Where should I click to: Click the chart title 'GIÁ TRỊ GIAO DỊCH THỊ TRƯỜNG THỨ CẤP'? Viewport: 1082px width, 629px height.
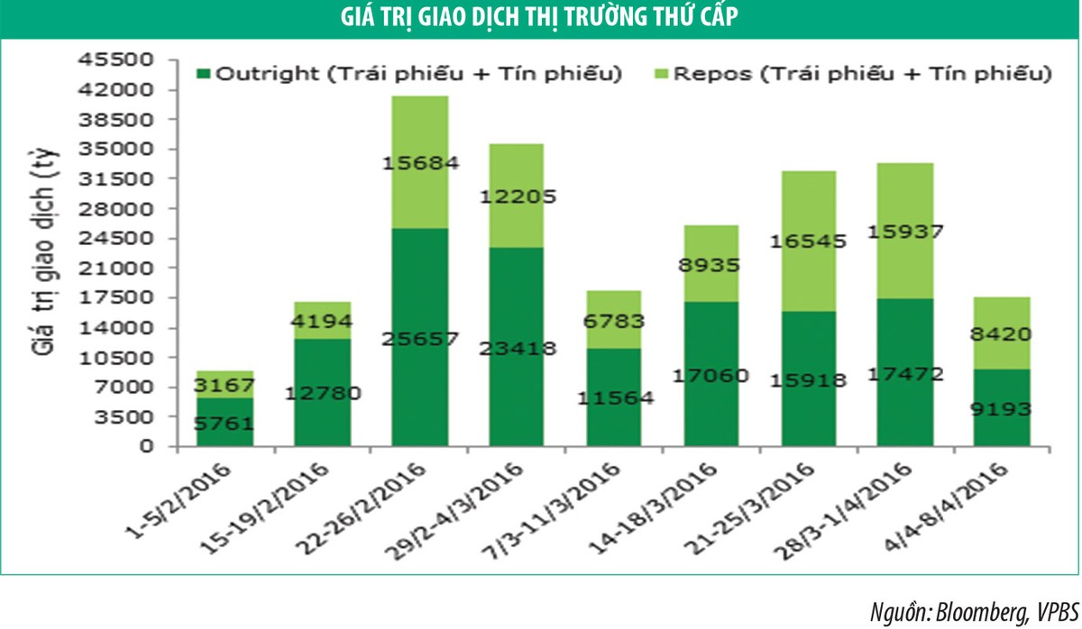tap(540, 19)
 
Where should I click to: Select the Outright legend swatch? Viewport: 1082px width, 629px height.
tap(204, 75)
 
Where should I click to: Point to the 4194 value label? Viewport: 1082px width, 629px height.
tap(321, 321)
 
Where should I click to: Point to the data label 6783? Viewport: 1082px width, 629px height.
tap(614, 321)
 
